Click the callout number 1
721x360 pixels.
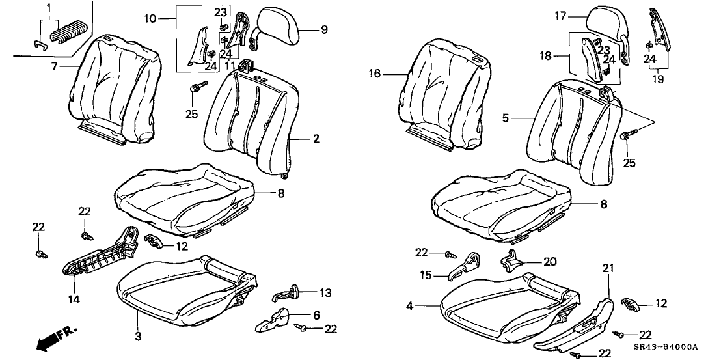point(48,7)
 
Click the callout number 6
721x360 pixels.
point(316,315)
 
